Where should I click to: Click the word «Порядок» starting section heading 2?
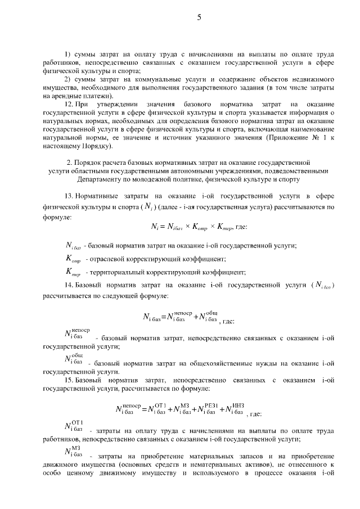[x=95, y=163]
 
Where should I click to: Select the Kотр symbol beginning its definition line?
[x=73, y=258]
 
